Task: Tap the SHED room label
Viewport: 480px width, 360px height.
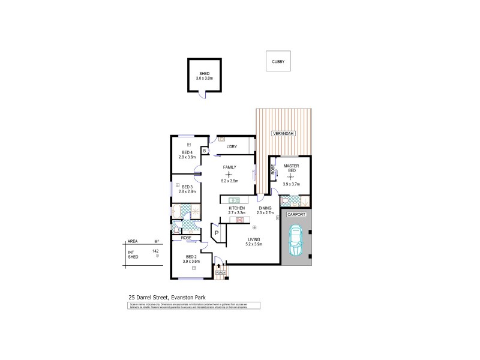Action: coord(204,73)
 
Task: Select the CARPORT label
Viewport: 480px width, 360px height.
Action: coord(296,214)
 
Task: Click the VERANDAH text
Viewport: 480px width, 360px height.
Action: coord(282,133)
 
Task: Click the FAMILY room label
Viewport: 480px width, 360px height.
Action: coord(229,167)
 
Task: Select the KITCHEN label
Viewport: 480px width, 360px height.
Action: coord(238,208)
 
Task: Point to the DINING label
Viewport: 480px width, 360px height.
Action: coord(265,208)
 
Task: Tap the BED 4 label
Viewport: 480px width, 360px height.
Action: coord(187,152)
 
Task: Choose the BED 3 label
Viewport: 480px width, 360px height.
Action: coord(187,187)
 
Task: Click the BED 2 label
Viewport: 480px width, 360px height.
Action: coord(191,257)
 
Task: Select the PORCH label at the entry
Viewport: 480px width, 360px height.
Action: coord(220,272)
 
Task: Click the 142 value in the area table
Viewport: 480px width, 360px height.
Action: coord(156,251)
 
